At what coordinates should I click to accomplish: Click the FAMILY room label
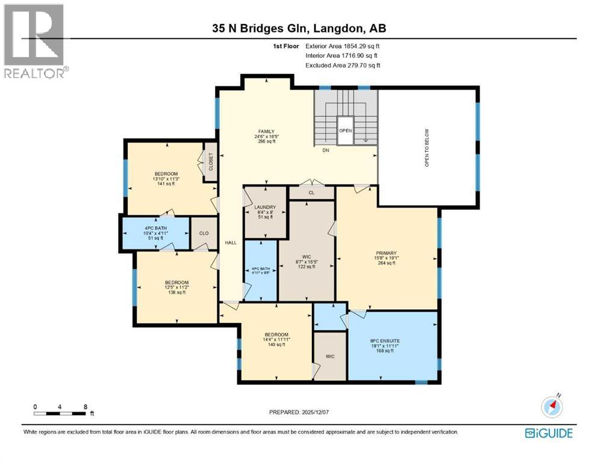click(266, 131)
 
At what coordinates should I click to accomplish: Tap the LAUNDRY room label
click(265, 207)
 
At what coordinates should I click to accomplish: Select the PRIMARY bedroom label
click(386, 253)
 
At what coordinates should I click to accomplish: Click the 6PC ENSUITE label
click(385, 340)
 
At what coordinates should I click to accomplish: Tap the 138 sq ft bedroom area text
click(177, 292)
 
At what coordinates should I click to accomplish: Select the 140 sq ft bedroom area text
click(276, 345)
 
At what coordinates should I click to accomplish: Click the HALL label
click(230, 243)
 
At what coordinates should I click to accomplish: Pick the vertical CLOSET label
click(211, 162)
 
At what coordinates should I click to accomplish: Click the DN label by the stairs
click(325, 151)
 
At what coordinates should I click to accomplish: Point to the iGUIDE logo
click(549, 433)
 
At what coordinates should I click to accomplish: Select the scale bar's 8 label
click(86, 407)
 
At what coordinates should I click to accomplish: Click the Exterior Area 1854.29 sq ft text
click(343, 46)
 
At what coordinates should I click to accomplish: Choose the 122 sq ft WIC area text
click(307, 266)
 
